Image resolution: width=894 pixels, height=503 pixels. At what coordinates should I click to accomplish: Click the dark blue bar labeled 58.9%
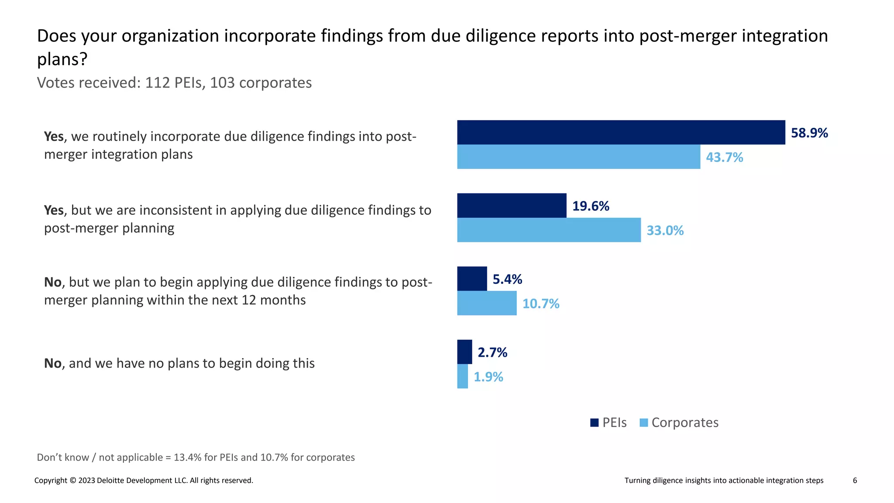click(621, 132)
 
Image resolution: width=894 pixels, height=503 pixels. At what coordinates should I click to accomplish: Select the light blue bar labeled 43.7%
click(578, 157)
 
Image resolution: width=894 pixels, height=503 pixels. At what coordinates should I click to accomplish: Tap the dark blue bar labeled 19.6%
click(512, 206)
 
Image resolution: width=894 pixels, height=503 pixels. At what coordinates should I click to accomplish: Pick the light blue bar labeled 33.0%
click(549, 230)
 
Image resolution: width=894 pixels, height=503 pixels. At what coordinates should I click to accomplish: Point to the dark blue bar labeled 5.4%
click(472, 279)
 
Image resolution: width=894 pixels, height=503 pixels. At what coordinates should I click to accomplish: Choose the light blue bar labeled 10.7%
click(487, 303)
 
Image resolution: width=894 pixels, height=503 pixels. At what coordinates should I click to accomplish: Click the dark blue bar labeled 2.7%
click(464, 352)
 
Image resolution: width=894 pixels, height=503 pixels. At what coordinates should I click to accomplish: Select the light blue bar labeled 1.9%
click(462, 376)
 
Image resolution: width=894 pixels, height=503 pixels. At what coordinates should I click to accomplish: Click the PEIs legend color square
click(594, 423)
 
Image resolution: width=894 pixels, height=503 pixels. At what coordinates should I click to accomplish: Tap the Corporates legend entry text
click(684, 423)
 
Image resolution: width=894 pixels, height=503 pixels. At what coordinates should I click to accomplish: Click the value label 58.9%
click(809, 133)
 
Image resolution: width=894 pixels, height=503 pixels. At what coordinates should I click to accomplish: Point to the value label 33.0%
click(664, 231)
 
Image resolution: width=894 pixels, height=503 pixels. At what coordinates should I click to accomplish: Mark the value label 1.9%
click(488, 377)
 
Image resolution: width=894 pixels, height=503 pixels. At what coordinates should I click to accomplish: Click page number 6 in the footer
click(855, 480)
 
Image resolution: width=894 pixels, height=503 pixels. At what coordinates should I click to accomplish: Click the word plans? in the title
click(62, 59)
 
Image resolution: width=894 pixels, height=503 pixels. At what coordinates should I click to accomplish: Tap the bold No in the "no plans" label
click(53, 363)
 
